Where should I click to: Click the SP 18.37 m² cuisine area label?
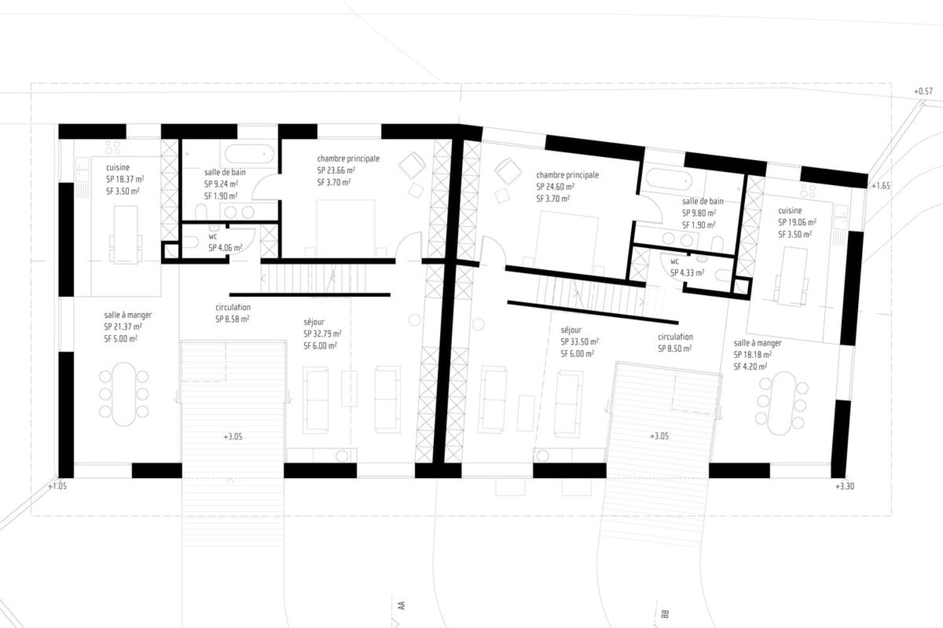coord(125,179)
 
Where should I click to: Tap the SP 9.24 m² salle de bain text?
coord(221,184)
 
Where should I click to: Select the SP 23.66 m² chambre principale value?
coord(336,170)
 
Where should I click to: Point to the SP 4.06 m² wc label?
coord(225,248)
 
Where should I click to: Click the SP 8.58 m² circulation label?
coord(233,319)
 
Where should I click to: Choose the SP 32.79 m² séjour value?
coord(323,334)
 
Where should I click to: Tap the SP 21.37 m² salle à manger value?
coord(123,327)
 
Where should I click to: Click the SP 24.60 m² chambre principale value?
coord(555,187)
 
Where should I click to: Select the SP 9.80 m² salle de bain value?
coord(699,214)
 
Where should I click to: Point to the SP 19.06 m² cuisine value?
coord(797,222)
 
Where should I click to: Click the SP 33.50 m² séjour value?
coord(580,342)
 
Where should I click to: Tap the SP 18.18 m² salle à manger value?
coord(753,355)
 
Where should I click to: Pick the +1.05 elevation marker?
coord(57,487)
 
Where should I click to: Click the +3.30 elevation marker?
coord(844,487)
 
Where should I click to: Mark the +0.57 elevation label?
coord(924,91)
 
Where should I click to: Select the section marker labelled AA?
coord(401,606)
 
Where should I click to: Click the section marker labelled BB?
coord(665,614)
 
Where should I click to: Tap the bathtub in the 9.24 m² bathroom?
coord(249,154)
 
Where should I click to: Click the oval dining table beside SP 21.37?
coord(124,394)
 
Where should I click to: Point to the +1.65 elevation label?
coord(881,186)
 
